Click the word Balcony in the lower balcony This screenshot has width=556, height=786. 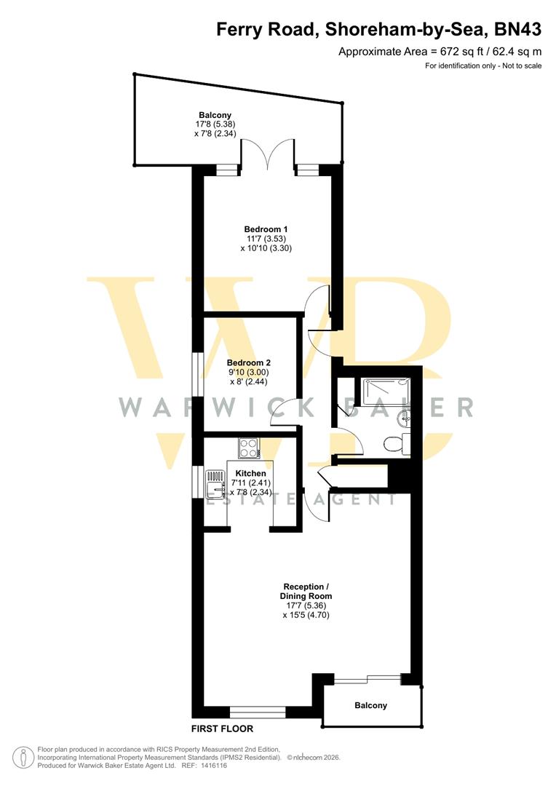(x=371, y=705)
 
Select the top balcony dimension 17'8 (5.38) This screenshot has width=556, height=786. (x=215, y=124)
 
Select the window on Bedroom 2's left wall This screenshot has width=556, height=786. (x=196, y=375)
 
